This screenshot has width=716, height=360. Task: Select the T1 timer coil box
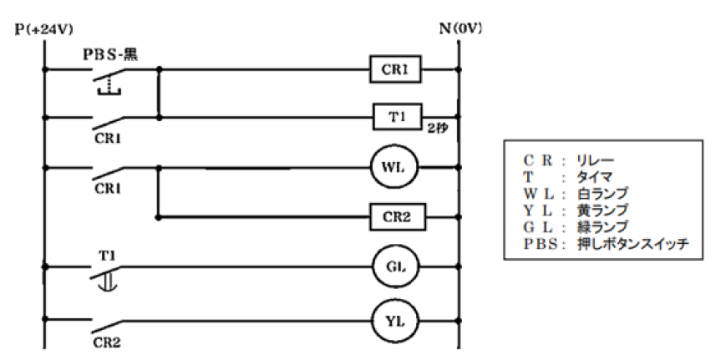(398, 118)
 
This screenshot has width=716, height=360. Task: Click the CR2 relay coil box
(398, 217)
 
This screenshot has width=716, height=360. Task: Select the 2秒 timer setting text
(439, 130)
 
